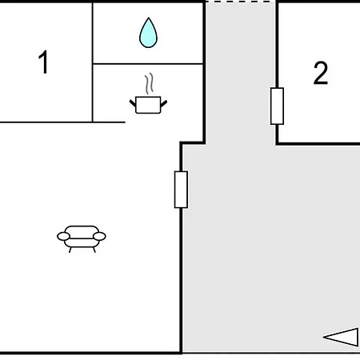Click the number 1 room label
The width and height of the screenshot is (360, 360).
[x=43, y=62]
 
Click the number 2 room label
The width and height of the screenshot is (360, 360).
[x=321, y=73]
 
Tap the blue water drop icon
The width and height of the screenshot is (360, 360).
[x=148, y=33]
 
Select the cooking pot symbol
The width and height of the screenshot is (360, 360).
[x=148, y=105]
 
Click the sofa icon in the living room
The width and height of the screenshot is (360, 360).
[x=82, y=238]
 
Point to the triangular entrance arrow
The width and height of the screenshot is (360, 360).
[x=341, y=337]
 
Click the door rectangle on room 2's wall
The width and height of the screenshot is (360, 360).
[x=277, y=106]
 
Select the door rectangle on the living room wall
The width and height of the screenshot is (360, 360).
[x=181, y=190]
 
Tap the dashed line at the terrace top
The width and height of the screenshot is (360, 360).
[x=240, y=2]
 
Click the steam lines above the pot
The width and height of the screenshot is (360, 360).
[x=150, y=83]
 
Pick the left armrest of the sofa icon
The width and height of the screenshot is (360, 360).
[x=63, y=236]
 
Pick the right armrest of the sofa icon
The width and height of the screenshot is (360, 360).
[x=99, y=236]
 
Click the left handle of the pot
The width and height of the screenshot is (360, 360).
[x=133, y=103]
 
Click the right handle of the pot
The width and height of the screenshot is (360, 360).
[x=164, y=103]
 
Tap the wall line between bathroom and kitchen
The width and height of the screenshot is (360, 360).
[x=148, y=64]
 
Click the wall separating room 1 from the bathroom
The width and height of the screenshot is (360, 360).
[x=93, y=62]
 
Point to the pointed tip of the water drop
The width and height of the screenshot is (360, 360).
[x=149, y=18]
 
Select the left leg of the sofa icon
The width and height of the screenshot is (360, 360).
[x=70, y=250]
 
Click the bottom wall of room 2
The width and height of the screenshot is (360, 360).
[x=318, y=144]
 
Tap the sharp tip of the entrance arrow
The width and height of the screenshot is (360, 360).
[x=323, y=337]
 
